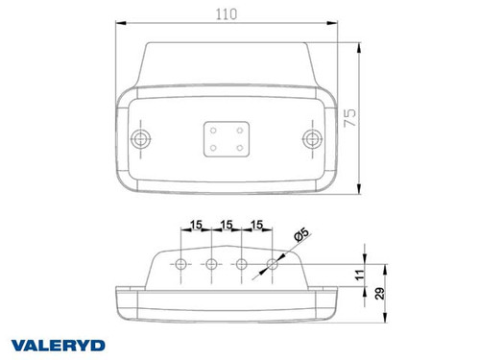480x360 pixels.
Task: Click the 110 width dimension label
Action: (x=228, y=14)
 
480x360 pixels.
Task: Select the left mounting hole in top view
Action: (x=143, y=139)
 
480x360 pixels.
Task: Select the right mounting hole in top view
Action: (x=311, y=139)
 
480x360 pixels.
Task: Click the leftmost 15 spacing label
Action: (x=196, y=225)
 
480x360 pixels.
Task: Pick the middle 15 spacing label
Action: (x=227, y=225)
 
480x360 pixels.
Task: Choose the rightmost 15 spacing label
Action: (x=256, y=225)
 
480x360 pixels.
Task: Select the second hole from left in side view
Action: (x=211, y=263)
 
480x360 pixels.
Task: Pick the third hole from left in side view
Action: (x=242, y=263)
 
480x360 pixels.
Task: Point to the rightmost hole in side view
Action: (x=273, y=263)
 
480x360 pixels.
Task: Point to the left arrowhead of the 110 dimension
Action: (x=120, y=25)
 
